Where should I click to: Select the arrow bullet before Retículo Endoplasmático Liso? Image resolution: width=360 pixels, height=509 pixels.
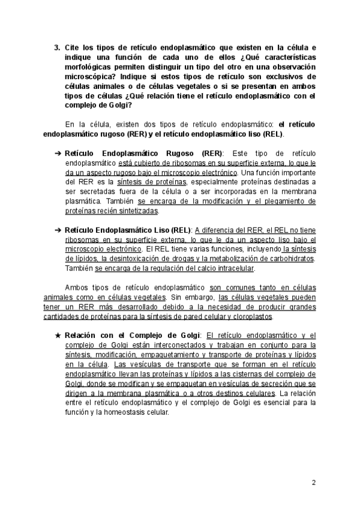58,230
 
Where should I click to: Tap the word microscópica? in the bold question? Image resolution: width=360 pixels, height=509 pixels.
93,77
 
